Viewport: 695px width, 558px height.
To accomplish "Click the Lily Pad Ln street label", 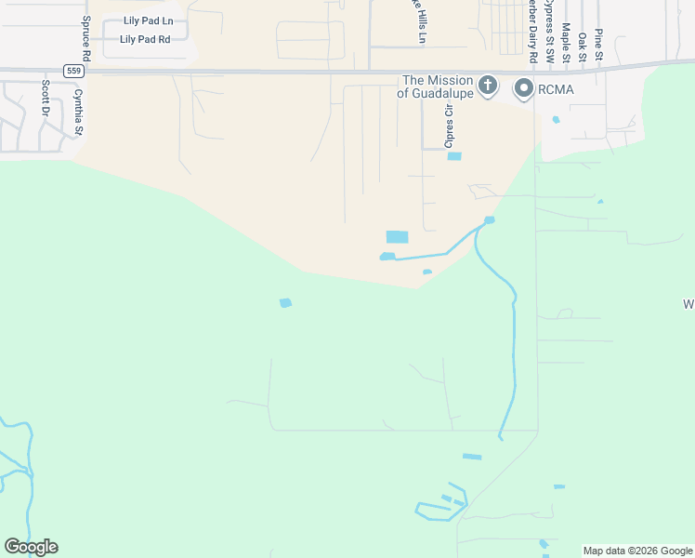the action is point(150,20).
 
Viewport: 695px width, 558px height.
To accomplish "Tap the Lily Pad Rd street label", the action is point(146,39).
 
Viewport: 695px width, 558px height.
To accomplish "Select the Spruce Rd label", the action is point(85,36).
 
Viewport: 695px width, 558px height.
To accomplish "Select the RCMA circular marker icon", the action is point(523,88).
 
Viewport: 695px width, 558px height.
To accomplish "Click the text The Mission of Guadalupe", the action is point(437,86).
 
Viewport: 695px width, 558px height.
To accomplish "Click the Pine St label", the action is point(599,45).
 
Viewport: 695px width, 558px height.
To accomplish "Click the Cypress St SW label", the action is point(549,32).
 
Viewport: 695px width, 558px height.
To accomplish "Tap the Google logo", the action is point(31,547).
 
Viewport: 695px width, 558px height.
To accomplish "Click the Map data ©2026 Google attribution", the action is point(638,551).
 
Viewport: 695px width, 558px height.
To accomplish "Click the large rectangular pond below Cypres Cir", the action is point(397,237).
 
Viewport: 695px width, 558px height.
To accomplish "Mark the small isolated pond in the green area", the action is point(285,302).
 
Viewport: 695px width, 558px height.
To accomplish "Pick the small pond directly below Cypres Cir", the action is point(454,155).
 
